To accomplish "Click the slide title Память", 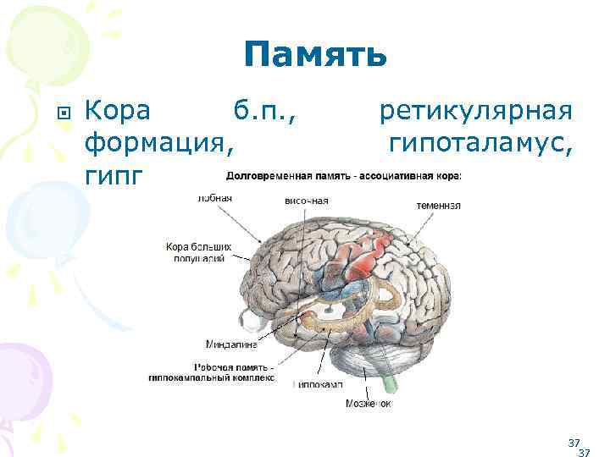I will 315,56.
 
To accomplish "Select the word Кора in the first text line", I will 119,111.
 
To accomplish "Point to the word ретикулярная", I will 476,111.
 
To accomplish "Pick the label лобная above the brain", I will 214,198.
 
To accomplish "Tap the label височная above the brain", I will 306,201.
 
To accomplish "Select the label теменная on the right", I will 438,205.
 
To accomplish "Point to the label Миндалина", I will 230,344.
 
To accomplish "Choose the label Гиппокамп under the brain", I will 319,383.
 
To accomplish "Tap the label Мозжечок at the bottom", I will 368,404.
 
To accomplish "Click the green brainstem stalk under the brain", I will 390,382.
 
